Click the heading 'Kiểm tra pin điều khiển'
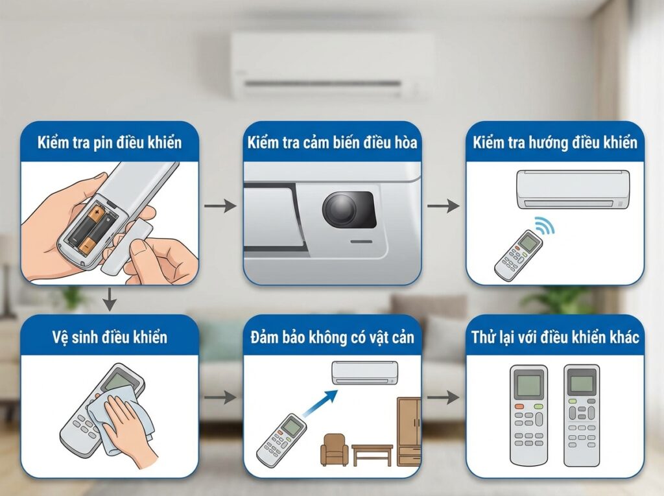pyautogui.click(x=110, y=143)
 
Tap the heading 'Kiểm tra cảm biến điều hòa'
pyautogui.click(x=333, y=143)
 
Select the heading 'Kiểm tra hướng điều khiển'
pyautogui.click(x=555, y=143)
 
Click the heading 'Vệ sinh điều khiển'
pyautogui.click(x=110, y=337)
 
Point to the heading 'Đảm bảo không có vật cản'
pyautogui.click(x=333, y=337)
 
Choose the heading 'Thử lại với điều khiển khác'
pyautogui.click(x=555, y=337)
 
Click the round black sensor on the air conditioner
pyautogui.click(x=340, y=209)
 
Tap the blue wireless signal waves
pyautogui.click(x=545, y=226)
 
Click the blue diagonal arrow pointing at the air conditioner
pyautogui.click(x=321, y=402)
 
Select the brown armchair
pyautogui.click(x=334, y=449)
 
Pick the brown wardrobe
pyautogui.click(x=409, y=431)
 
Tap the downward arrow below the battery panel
pyautogui.click(x=110, y=300)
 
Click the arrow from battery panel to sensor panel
pyautogui.click(x=220, y=206)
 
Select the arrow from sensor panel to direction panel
pyautogui.click(x=444, y=206)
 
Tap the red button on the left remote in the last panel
pyautogui.click(x=519, y=407)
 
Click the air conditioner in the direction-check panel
pyautogui.click(x=573, y=189)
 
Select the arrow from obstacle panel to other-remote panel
pyautogui.click(x=444, y=397)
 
